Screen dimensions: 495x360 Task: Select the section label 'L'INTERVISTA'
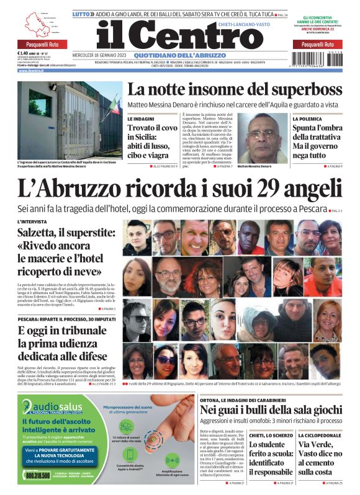pyautogui.click(x=32, y=221)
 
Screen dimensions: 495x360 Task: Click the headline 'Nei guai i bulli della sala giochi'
pyautogui.click(x=270, y=409)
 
